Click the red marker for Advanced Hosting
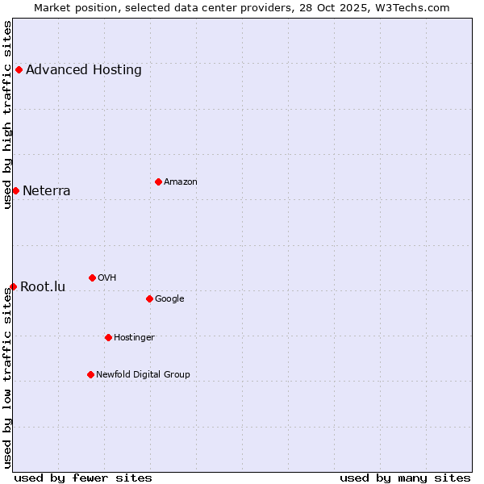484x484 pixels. pyautogui.click(x=19, y=69)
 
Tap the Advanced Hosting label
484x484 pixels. pyautogui.click(x=84, y=70)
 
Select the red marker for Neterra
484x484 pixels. pyautogui.click(x=15, y=190)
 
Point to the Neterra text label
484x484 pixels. pyautogui.click(x=47, y=191)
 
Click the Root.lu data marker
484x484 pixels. pyautogui.click(x=13, y=286)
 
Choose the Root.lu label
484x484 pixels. pyautogui.click(x=43, y=287)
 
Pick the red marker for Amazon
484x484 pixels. pyautogui.click(x=158, y=181)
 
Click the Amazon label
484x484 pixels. pyautogui.click(x=181, y=182)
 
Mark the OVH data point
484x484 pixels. pyautogui.click(x=92, y=277)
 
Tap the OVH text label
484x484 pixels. pyautogui.click(x=107, y=278)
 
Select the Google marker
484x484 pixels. pyautogui.click(x=149, y=298)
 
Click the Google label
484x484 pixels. pyautogui.click(x=169, y=299)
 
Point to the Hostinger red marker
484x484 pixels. pyautogui.click(x=108, y=337)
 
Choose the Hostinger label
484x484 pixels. pyautogui.click(x=134, y=338)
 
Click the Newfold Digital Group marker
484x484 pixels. pyautogui.click(x=90, y=374)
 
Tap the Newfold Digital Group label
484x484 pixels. pyautogui.click(x=143, y=375)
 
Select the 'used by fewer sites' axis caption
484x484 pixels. pyautogui.click(x=83, y=478)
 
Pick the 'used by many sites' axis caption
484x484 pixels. pyautogui.click(x=405, y=478)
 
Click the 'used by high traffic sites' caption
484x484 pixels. pyautogui.click(x=8, y=115)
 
